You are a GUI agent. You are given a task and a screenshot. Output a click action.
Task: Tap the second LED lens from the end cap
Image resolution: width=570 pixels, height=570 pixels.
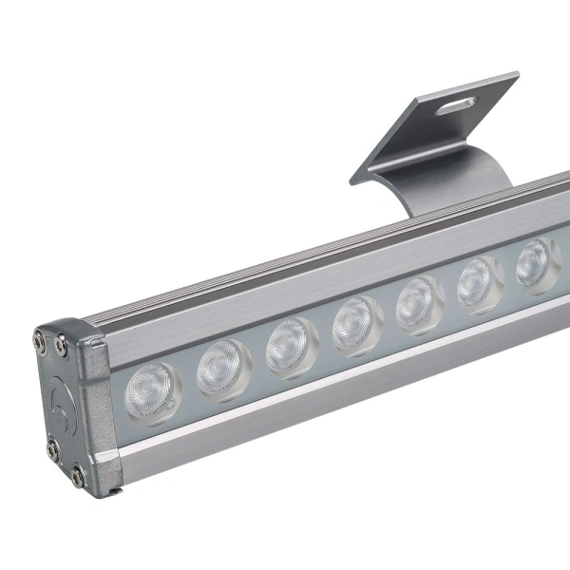[222, 367]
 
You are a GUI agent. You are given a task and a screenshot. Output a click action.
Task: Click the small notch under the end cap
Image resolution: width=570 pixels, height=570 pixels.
[116, 489]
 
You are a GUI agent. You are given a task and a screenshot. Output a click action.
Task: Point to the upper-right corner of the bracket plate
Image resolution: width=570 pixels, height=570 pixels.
[517, 74]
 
